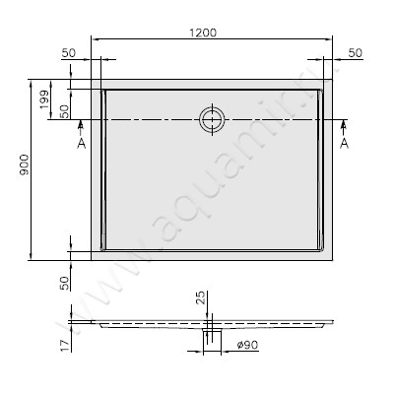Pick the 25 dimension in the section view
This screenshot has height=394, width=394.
tap(200, 297)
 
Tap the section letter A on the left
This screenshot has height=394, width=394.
tap(80, 143)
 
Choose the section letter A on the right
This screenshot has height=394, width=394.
tap(344, 143)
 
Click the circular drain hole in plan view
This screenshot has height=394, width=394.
tap(211, 120)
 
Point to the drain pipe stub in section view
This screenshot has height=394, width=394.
tap(211, 337)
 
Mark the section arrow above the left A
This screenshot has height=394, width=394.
tap(80, 127)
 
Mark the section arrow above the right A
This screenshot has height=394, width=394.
tap(344, 127)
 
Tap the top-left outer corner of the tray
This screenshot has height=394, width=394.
tap(92, 81)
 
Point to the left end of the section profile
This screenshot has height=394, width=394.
tap(92, 321)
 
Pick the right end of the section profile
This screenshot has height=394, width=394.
tap(332, 321)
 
